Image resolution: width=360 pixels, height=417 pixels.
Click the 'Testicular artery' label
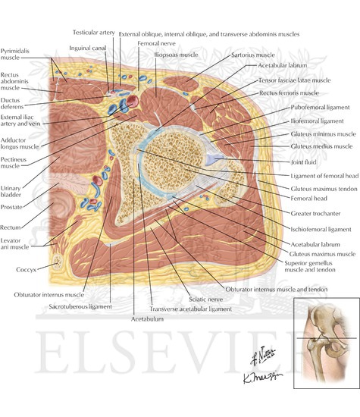coord(93,33)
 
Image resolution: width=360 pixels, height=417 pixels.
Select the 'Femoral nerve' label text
coord(156,43)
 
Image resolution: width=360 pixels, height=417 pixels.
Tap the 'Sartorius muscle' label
coord(253,55)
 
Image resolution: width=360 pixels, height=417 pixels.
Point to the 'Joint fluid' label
coord(303,162)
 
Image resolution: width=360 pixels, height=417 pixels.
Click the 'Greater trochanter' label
coord(315,213)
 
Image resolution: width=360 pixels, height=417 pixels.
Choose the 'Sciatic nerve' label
coord(206,299)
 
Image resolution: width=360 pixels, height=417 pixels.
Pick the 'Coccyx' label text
coord(26,270)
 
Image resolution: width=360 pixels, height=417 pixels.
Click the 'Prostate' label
coord(11,207)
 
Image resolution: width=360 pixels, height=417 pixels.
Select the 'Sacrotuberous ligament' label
coord(80,306)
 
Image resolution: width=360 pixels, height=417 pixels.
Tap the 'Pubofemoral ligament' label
coord(320,108)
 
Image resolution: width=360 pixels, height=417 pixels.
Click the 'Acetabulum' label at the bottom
coord(147,319)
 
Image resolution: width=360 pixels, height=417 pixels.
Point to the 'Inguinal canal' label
coord(88,48)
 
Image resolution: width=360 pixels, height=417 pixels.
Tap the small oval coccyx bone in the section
coord(58,262)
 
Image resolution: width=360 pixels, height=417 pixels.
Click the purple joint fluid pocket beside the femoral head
coord(214,159)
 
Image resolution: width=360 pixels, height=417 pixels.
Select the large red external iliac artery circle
coord(132,102)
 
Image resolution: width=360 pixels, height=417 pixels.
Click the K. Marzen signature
coord(262,377)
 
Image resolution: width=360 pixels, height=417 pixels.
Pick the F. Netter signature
coord(262,356)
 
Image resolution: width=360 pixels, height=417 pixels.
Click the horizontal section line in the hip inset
coord(327,338)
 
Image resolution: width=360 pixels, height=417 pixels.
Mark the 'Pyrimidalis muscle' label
coord(15,55)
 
